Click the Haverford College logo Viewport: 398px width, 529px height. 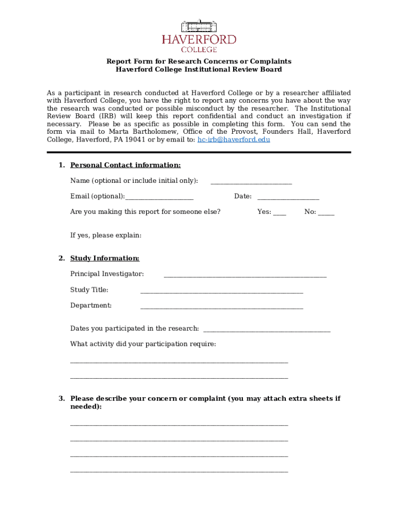199,36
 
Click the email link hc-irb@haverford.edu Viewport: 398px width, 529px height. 234,139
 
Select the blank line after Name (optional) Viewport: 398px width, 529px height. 251,182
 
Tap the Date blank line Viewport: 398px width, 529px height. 288,197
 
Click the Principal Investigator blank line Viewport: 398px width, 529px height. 245,275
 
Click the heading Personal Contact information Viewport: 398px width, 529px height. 126,165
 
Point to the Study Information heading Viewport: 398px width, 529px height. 105,258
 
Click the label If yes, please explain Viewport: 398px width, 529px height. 106,236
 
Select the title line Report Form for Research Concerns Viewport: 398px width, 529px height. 199,61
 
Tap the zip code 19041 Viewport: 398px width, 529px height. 135,139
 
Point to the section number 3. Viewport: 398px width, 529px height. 61,398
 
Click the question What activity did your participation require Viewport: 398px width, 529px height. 143,344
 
